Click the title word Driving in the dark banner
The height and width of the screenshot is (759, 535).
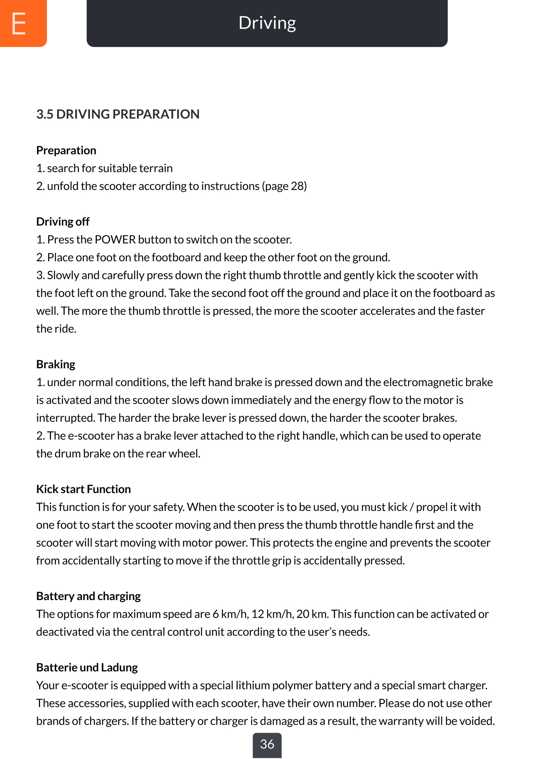(x=267, y=23)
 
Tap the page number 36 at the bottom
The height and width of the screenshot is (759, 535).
(x=267, y=744)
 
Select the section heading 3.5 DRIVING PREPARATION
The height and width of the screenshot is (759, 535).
(x=118, y=114)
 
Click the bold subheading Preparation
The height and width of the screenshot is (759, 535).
(x=66, y=150)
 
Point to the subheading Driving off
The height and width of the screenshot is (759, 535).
(x=63, y=221)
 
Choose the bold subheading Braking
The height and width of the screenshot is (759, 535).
(x=55, y=364)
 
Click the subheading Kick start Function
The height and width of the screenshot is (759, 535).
(x=83, y=489)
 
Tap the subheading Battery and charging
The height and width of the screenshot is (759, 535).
(x=88, y=596)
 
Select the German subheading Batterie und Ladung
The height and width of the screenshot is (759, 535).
(x=87, y=667)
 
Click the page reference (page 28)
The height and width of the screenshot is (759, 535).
(x=284, y=186)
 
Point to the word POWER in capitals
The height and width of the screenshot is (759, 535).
(x=115, y=239)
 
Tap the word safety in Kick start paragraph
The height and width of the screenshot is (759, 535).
(x=168, y=507)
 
